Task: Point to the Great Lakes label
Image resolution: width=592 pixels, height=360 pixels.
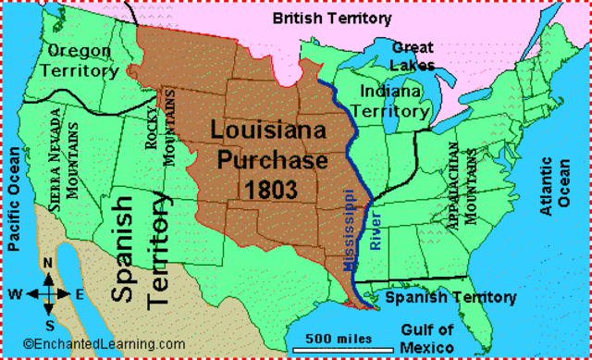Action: click(x=413, y=55)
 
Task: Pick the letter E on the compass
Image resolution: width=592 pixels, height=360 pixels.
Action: click(x=80, y=294)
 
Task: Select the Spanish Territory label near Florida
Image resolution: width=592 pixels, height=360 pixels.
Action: click(x=450, y=298)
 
